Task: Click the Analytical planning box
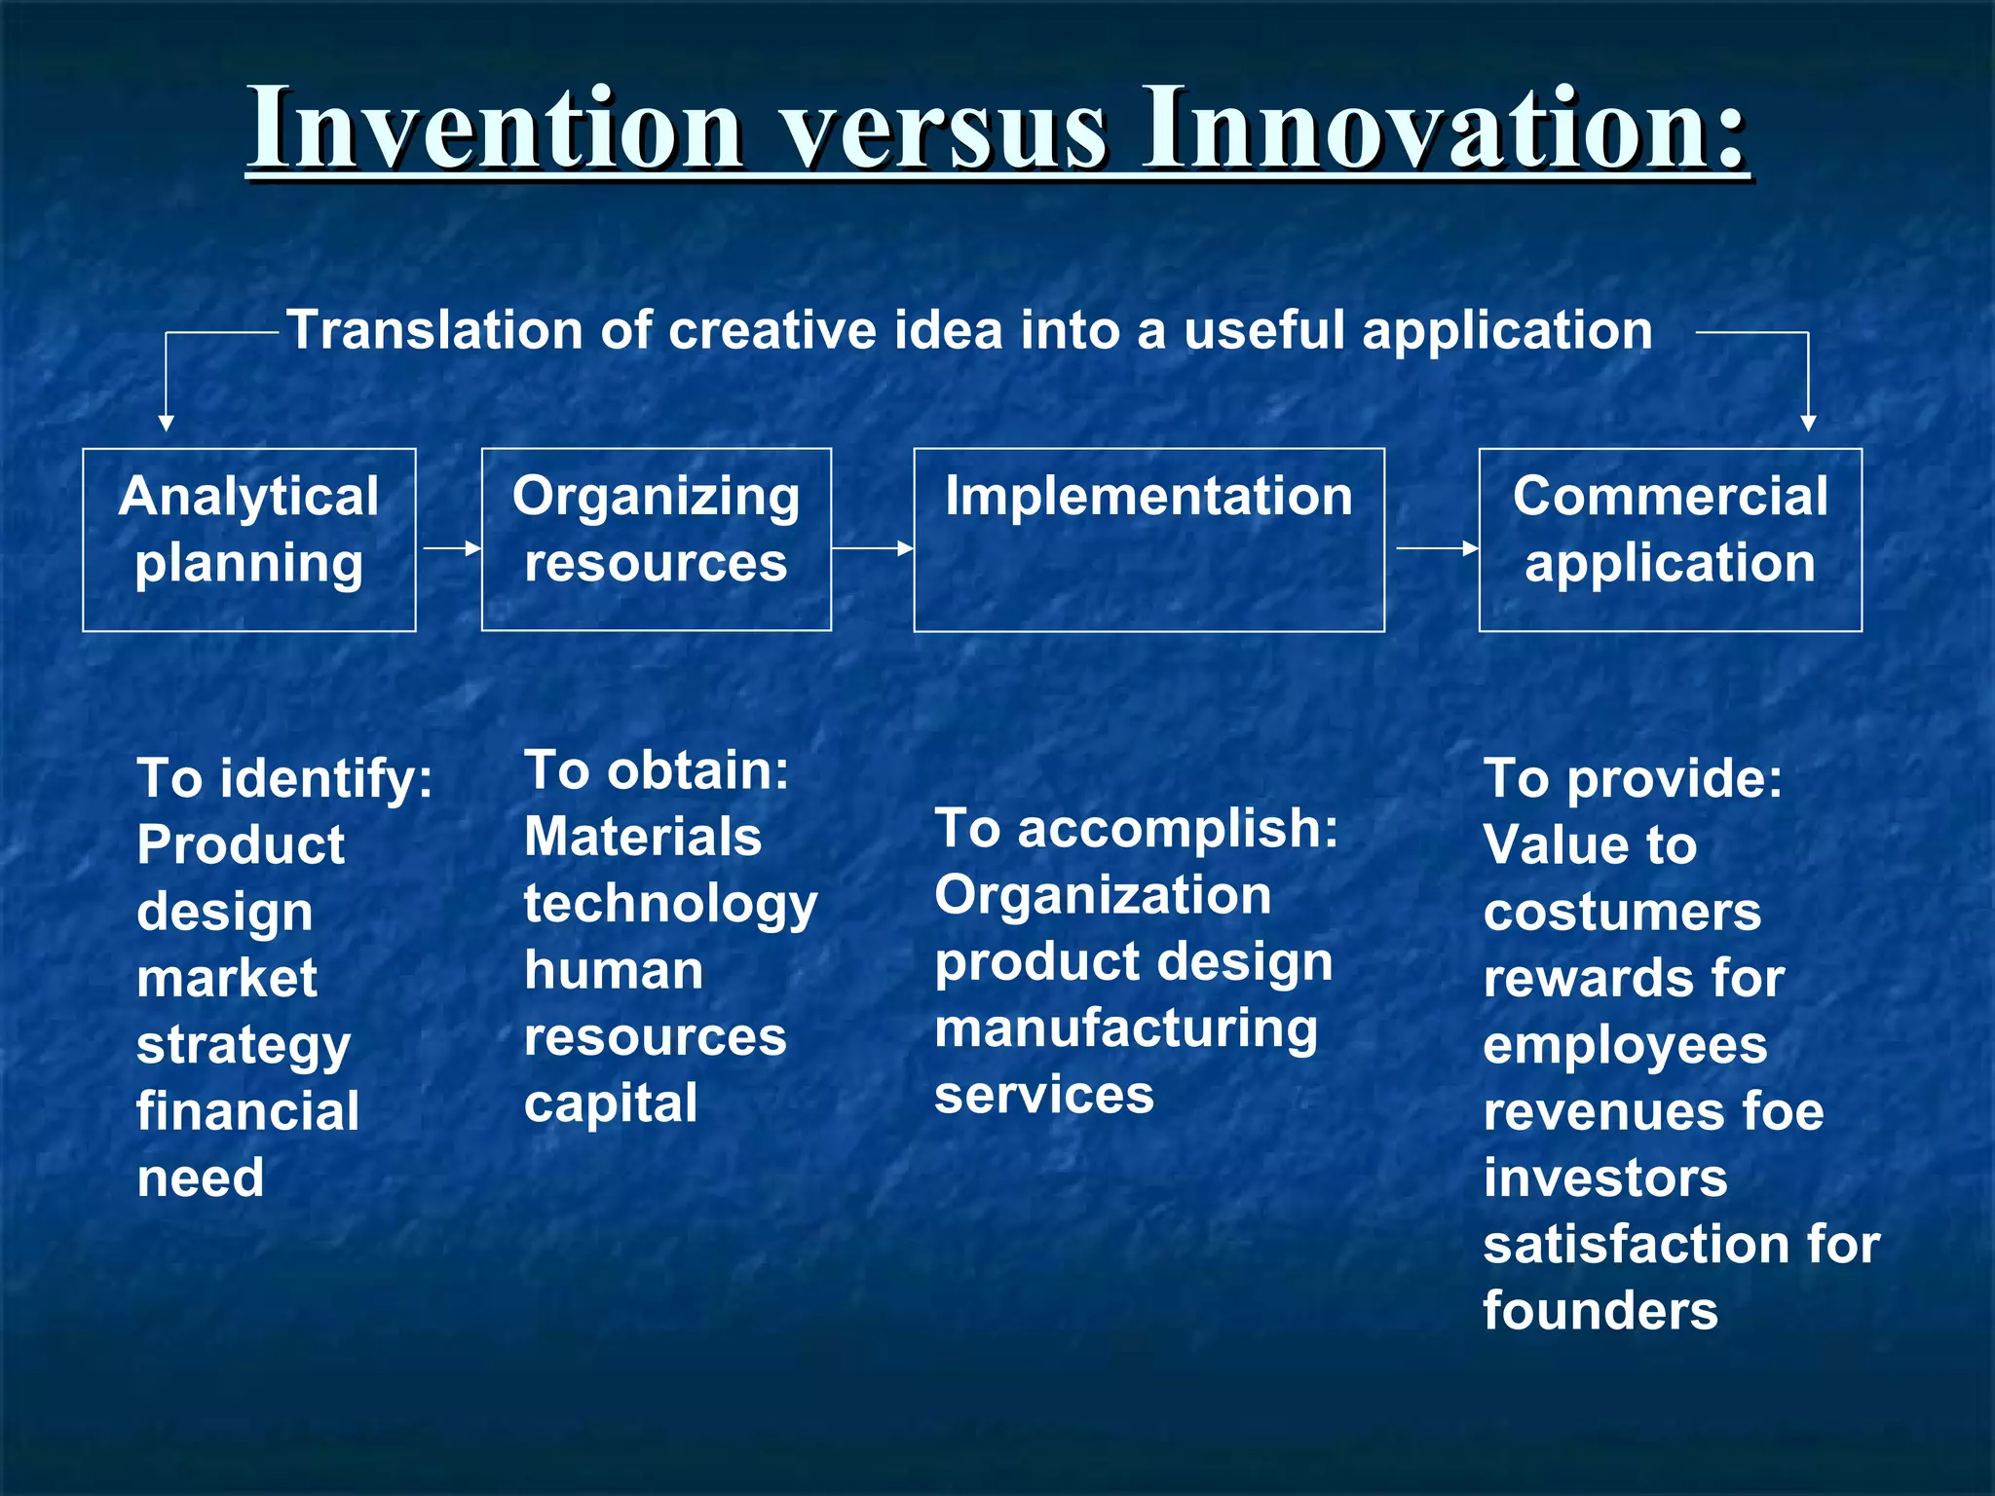point(249,540)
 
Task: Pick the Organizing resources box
point(656,540)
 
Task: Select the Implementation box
point(1148,540)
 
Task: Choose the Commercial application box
point(1670,540)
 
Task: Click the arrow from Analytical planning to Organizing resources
point(452,548)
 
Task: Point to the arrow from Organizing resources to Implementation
point(873,548)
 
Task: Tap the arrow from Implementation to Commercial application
point(1437,548)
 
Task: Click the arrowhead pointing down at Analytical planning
point(167,423)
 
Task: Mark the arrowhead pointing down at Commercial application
point(1808,423)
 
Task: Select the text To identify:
point(284,779)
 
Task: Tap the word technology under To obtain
point(670,904)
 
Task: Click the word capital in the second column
point(611,1103)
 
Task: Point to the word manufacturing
point(1126,1028)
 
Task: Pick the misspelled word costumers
point(1622,912)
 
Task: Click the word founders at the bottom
point(1600,1311)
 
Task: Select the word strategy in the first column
point(244,1046)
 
